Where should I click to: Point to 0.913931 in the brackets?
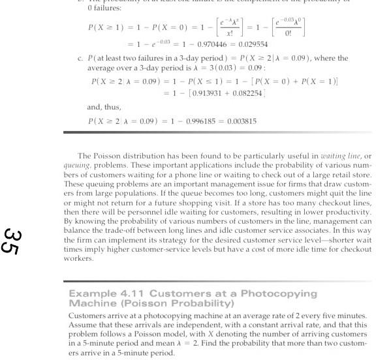tap(207, 93)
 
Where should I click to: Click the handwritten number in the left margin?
tap(10, 241)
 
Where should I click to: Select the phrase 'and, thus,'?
tap(104, 107)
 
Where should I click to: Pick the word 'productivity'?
tap(345, 213)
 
